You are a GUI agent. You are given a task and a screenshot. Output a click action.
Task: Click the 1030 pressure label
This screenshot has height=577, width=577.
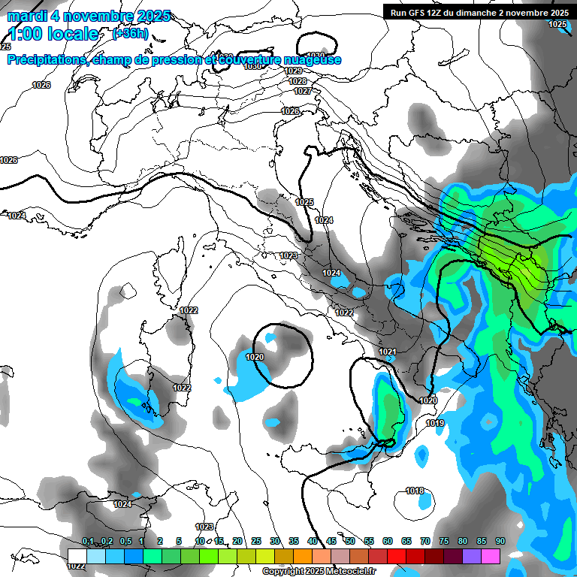(x=253, y=66)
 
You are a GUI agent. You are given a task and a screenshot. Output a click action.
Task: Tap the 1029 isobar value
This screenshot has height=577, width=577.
(x=294, y=71)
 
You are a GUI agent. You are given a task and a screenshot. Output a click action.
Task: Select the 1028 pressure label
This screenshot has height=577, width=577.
(x=298, y=81)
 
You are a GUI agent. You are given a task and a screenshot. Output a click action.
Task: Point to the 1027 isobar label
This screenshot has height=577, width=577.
(x=302, y=91)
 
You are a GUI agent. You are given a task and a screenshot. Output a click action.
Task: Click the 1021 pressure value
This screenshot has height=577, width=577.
(x=388, y=352)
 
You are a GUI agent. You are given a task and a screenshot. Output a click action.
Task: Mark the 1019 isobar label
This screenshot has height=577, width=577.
(x=435, y=424)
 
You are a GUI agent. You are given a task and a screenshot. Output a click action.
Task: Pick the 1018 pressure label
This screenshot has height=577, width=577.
(x=415, y=491)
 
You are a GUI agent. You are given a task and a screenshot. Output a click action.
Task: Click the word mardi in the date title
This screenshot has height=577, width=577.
(x=28, y=16)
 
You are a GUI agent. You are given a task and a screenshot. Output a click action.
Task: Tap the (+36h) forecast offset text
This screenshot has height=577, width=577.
(x=130, y=34)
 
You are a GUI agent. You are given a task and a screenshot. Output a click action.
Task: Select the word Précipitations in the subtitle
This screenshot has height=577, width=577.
(x=44, y=60)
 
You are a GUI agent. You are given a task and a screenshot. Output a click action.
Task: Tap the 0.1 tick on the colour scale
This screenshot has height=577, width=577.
(x=88, y=542)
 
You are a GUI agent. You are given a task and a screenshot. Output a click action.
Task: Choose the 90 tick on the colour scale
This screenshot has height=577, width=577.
(x=500, y=542)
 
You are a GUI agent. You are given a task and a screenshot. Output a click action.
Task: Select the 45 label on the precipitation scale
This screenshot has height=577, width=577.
(x=331, y=542)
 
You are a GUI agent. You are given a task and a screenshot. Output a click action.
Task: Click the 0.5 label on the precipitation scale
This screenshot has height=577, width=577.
(x=125, y=542)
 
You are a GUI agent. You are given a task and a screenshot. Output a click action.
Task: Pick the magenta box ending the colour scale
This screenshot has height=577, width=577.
(x=491, y=556)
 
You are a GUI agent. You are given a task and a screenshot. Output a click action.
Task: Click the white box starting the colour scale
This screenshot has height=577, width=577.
(x=77, y=556)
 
